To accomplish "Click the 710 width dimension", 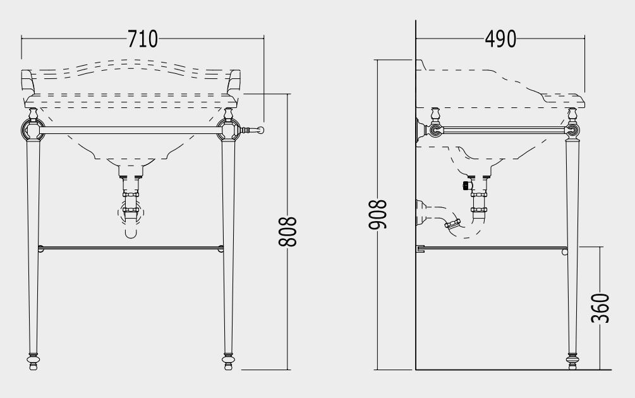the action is pos(143,39).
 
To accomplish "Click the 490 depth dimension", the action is pos(500,39).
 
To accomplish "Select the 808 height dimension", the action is pos(287,232).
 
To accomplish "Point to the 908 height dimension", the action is pos(378,215).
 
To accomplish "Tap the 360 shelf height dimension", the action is pos(600,308).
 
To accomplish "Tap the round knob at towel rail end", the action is pos(260,130).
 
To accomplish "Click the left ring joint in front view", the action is pos(33,130).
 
